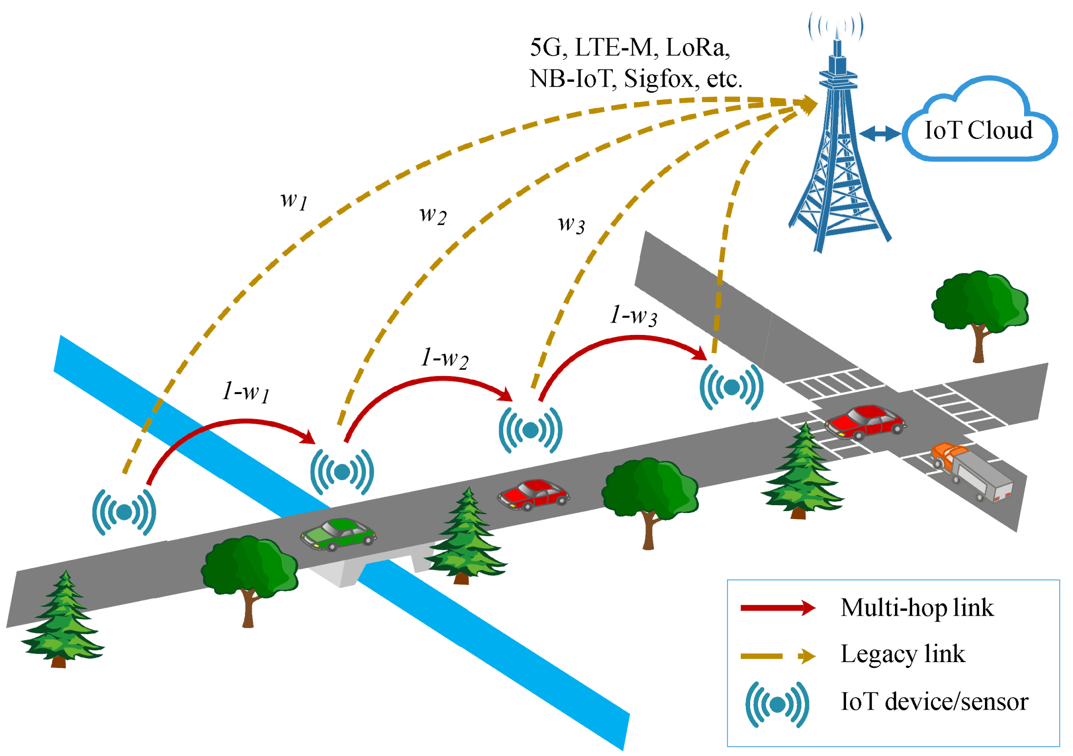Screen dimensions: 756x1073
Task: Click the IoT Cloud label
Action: pyautogui.click(x=978, y=130)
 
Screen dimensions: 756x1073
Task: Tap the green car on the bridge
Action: pyautogui.click(x=338, y=534)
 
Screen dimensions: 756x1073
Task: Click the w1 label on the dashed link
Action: pyautogui.click(x=294, y=200)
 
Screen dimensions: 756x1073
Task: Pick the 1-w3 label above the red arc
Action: pyautogui.click(x=633, y=315)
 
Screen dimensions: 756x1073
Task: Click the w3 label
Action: pyautogui.click(x=571, y=224)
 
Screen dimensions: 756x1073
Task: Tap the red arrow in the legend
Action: pyautogui.click(x=778, y=608)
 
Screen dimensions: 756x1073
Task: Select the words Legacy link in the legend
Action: pyautogui.click(x=903, y=654)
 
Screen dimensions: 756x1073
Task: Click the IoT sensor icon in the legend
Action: pyautogui.click(x=777, y=705)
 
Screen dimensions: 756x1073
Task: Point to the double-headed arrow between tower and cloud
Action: pyautogui.click(x=880, y=133)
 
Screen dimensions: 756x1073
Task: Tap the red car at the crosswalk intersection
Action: pyautogui.click(x=865, y=422)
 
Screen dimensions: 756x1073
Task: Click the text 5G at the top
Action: pyautogui.click(x=545, y=47)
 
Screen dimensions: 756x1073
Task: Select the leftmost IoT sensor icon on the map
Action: pyautogui.click(x=124, y=512)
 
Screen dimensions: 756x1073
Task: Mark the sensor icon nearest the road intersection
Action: pyautogui.click(x=732, y=387)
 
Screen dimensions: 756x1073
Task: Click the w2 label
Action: pyautogui.click(x=433, y=215)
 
